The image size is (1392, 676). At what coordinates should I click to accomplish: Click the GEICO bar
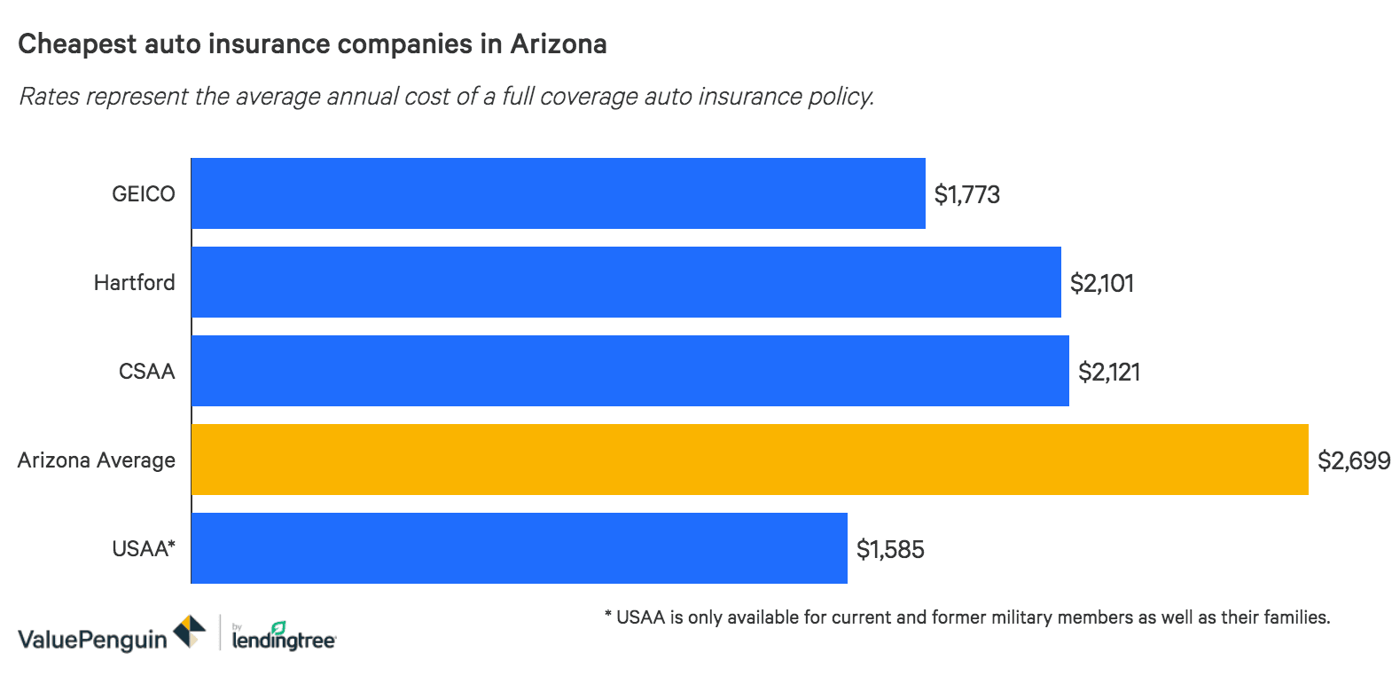coord(558,193)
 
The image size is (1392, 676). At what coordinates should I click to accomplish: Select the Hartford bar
coord(626,282)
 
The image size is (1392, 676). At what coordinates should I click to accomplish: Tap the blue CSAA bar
coord(630,371)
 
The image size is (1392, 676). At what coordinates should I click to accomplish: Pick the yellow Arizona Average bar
coord(749,460)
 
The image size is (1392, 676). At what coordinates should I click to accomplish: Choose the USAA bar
coord(519,548)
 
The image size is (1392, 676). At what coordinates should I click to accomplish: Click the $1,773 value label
coord(967,194)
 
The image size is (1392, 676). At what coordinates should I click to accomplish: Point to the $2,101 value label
coord(1102,283)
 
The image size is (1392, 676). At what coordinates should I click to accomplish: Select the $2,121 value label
coord(1109,372)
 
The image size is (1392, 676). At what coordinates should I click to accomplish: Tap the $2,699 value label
coord(1354,460)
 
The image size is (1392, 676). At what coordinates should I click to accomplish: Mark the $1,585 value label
coord(890,549)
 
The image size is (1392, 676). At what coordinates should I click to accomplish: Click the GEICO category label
coord(143,193)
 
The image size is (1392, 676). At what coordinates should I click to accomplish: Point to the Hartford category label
coord(135,282)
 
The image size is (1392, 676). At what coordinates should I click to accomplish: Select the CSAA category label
coord(147,371)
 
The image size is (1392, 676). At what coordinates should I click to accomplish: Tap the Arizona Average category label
coord(97,460)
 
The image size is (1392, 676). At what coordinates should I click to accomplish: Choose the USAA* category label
coord(144,548)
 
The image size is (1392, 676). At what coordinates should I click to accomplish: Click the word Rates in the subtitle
coord(49,96)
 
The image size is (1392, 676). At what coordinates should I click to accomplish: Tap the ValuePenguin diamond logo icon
coord(189,632)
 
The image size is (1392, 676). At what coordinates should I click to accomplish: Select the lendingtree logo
coord(283,636)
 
